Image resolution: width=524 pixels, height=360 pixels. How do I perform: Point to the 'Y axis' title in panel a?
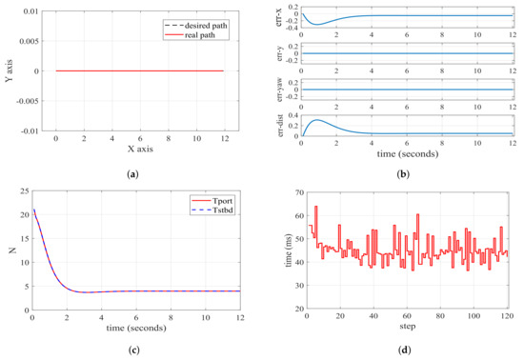tap(10, 70)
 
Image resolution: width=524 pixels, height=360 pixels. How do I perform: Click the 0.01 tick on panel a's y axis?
tap(29, 12)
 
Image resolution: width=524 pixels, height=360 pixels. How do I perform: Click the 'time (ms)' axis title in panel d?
tap(277, 250)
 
